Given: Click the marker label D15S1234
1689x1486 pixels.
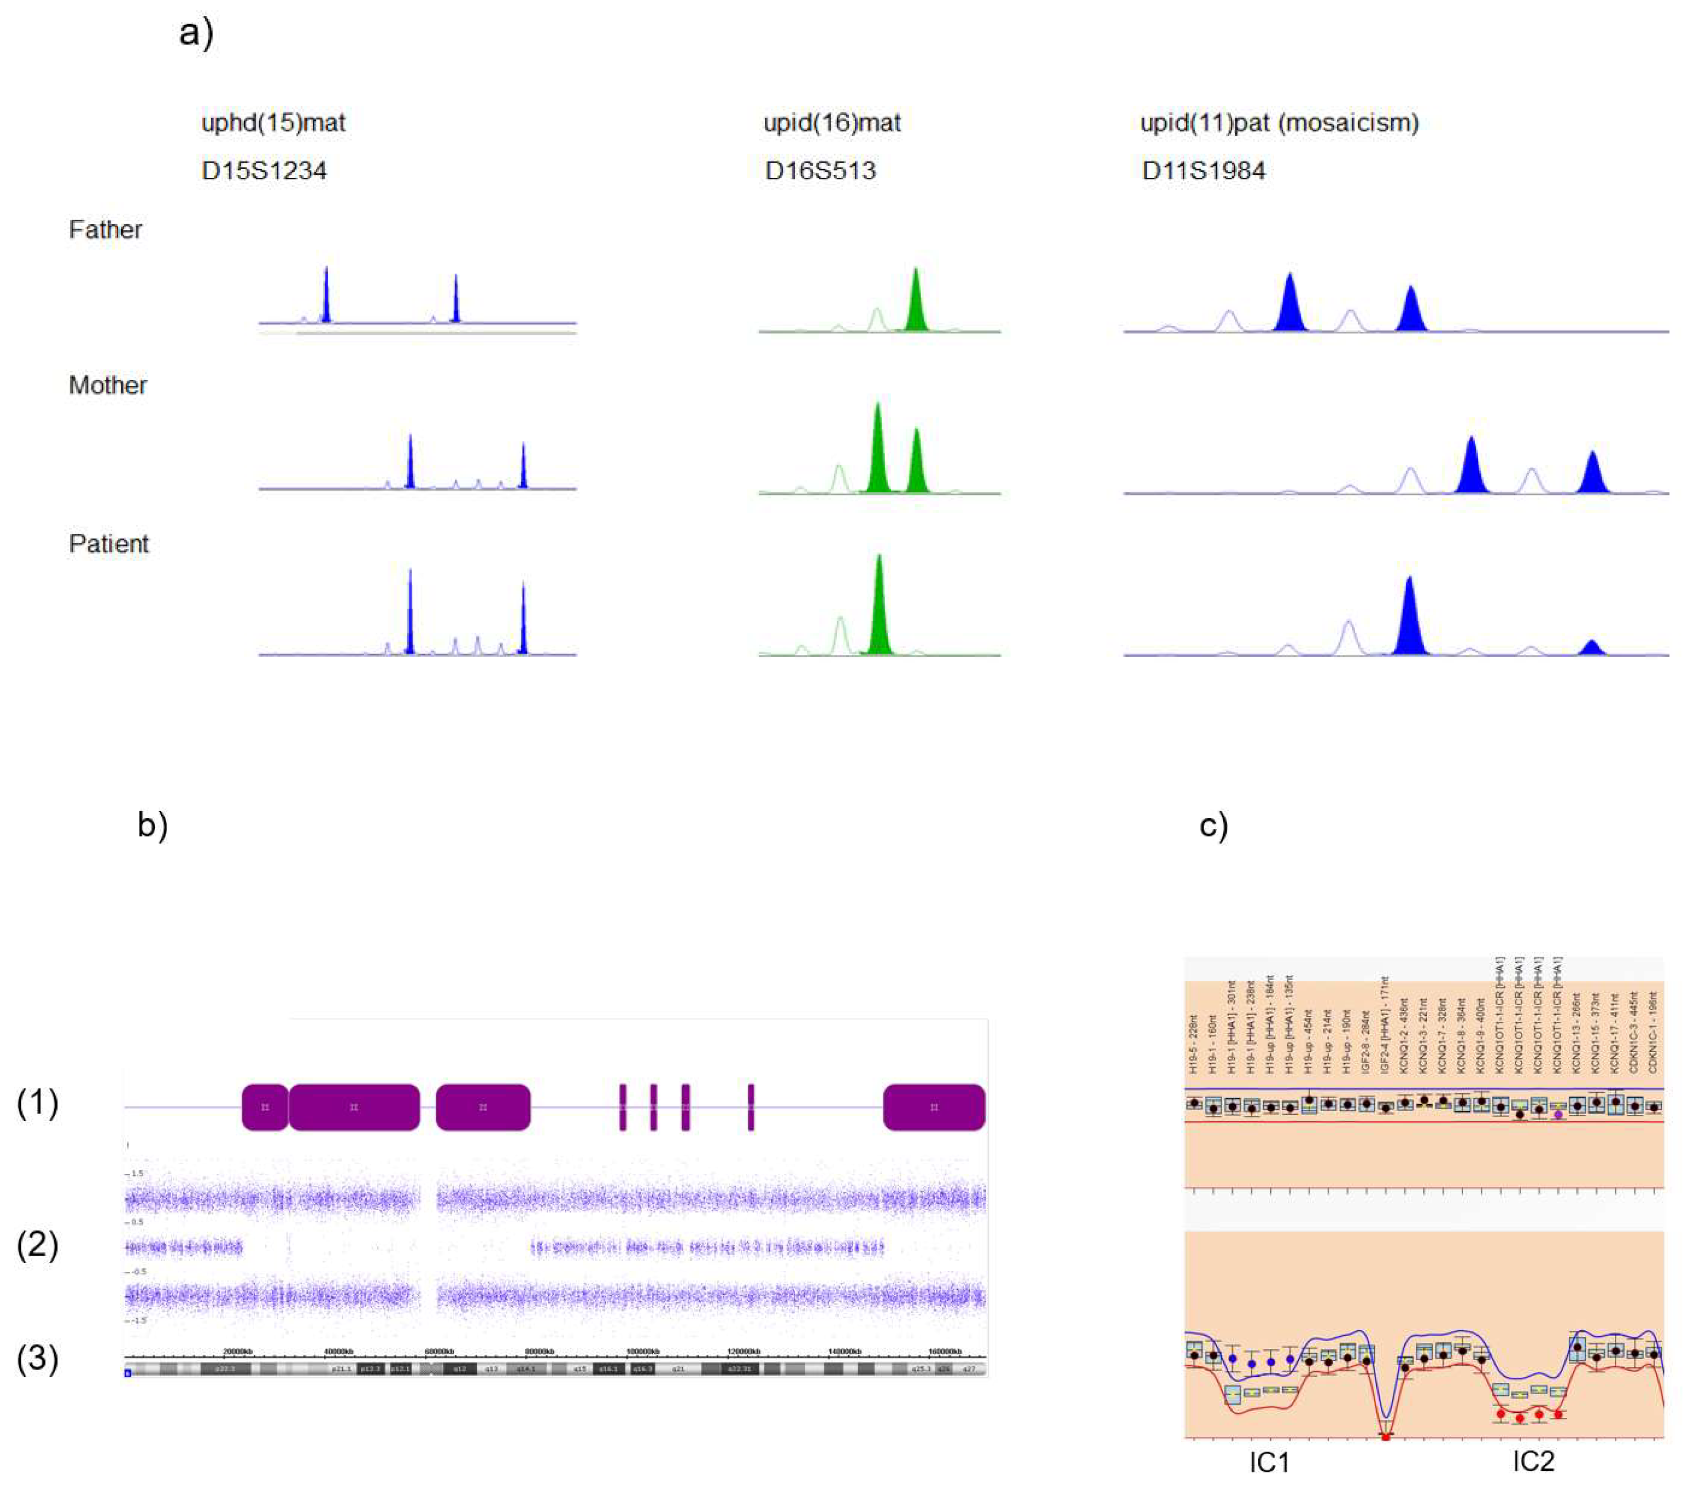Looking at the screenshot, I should click(x=264, y=171).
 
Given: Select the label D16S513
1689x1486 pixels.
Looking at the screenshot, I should click(x=819, y=171).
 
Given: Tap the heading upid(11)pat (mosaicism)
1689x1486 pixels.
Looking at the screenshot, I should click(x=1279, y=123).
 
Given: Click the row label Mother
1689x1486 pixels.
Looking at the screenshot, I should click(x=108, y=385).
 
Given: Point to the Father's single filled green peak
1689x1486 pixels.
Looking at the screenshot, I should click(x=915, y=302).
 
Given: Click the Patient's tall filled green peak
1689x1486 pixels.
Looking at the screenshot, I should click(x=879, y=607).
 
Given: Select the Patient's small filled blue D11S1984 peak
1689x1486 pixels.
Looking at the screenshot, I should click(x=1591, y=647).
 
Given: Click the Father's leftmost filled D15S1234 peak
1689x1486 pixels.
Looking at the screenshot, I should click(x=326, y=295).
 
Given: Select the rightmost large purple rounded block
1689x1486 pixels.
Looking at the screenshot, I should click(x=934, y=1107).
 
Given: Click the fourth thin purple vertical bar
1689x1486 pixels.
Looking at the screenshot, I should click(x=751, y=1107).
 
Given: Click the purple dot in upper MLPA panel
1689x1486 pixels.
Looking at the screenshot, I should click(x=1558, y=1114).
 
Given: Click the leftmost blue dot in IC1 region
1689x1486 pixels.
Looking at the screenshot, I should click(x=1233, y=1359).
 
